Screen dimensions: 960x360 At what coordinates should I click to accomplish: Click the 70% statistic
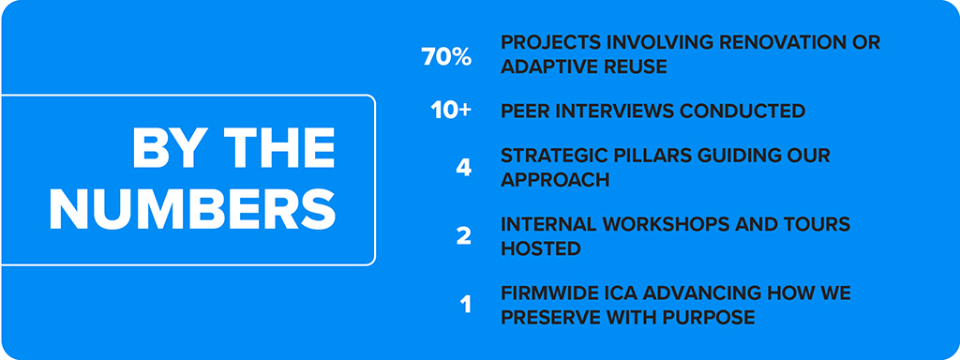tap(446, 57)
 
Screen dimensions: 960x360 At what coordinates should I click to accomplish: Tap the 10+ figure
tap(451, 111)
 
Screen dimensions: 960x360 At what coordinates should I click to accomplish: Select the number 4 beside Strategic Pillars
tap(464, 168)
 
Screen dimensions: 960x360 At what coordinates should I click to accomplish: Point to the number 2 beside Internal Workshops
tap(464, 236)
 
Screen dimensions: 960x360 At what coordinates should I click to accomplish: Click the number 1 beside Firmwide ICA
tap(466, 305)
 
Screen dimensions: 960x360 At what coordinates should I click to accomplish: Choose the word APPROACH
tap(555, 179)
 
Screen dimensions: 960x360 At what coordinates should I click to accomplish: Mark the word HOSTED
tap(541, 247)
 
